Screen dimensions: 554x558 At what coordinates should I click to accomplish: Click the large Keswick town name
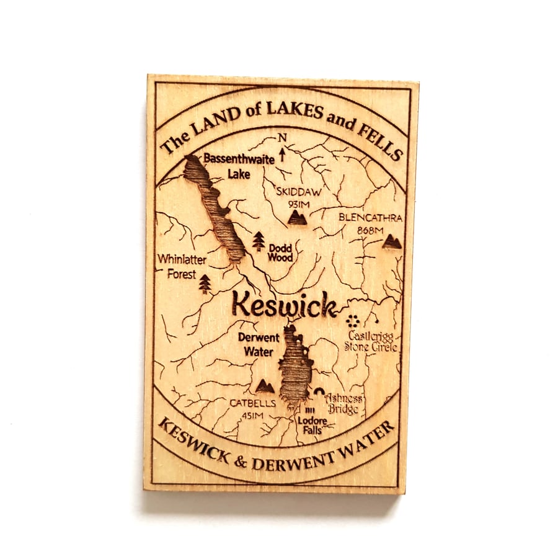285,305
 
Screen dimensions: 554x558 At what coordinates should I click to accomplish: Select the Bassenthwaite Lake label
230,166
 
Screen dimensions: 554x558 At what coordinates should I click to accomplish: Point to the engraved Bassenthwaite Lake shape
214,208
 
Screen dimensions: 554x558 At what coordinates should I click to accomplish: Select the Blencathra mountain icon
391,241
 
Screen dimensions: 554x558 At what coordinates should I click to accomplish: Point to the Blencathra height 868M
371,229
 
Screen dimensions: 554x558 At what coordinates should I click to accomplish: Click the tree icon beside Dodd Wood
259,241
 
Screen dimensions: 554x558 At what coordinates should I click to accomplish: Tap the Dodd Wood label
280,252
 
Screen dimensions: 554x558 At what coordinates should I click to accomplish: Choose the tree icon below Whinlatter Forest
205,284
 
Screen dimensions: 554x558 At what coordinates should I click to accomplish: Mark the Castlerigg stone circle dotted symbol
353,321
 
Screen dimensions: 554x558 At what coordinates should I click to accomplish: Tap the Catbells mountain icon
265,386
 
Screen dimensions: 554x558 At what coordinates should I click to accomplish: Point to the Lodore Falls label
312,424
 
